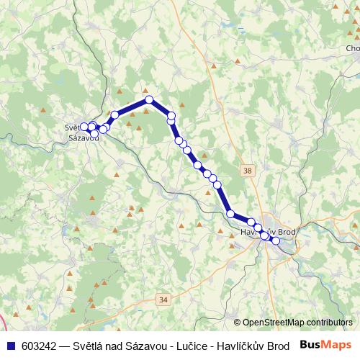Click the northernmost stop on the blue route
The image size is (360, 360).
149,100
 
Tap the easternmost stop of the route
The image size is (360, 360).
275,240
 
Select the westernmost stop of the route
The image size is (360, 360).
84,127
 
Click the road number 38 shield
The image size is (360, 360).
248,171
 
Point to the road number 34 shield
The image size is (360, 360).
163,299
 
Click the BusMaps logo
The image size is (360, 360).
326,345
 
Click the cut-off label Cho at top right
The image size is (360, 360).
352,48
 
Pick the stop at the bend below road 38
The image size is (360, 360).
230,214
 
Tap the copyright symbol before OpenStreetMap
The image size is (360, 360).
237,323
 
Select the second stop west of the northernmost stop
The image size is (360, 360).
104,128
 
